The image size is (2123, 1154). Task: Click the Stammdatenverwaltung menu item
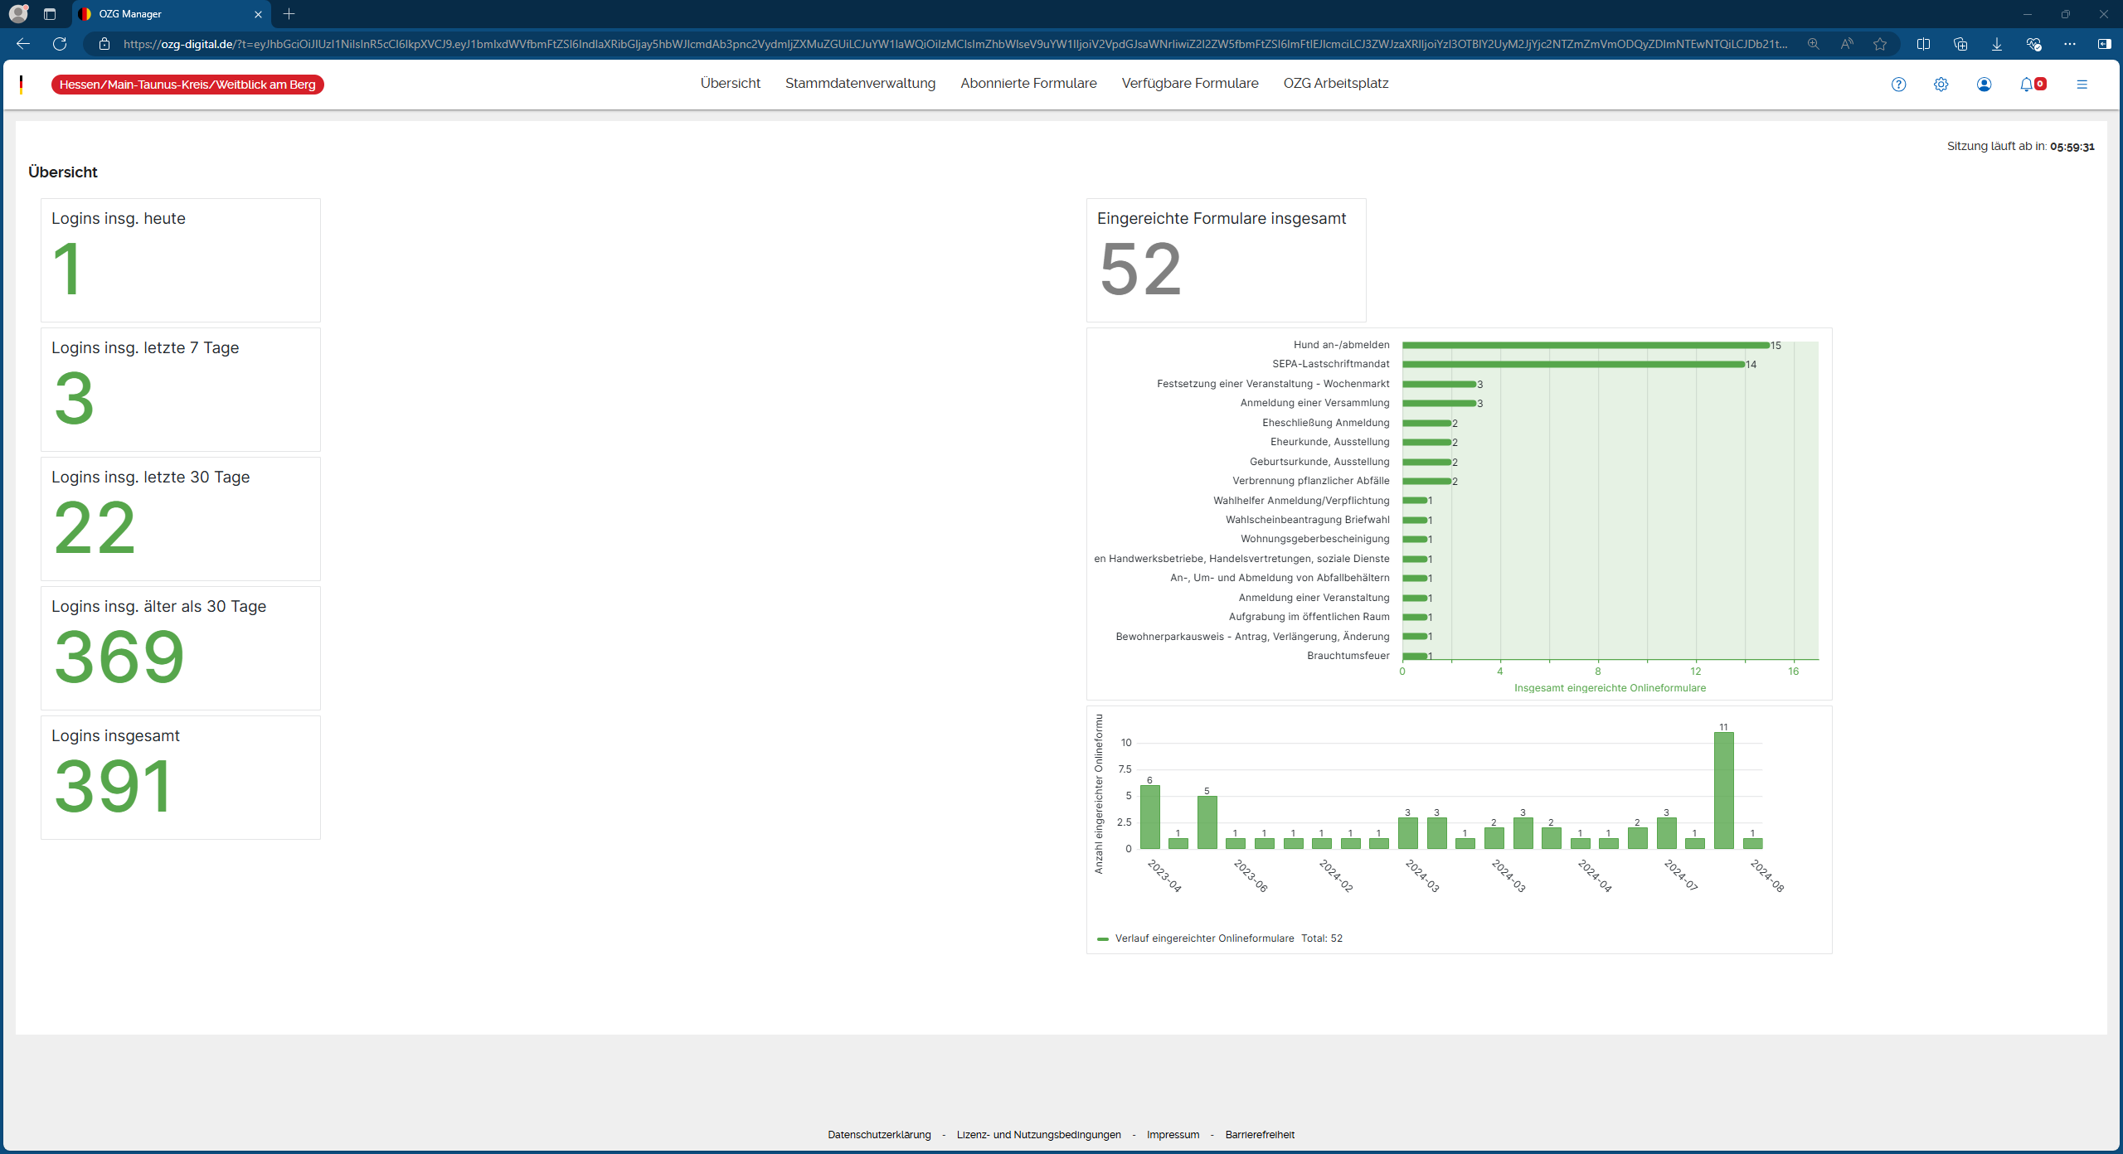tap(860, 84)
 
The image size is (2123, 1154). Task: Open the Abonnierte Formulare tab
tap(1028, 84)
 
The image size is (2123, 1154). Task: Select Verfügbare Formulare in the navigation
tap(1190, 84)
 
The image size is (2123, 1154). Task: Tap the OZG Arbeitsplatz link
tap(1335, 84)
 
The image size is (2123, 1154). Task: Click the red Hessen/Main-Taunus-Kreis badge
tap(187, 85)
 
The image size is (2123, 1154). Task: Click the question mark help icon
tap(1898, 85)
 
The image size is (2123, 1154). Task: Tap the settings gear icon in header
tap(1941, 85)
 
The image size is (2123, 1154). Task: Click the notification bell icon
tap(2026, 85)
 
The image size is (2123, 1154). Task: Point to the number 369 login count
tap(119, 657)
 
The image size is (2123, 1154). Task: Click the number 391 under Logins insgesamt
tap(114, 787)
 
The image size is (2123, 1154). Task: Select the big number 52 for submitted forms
tap(1140, 269)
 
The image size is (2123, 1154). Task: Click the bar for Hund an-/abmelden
tap(1585, 345)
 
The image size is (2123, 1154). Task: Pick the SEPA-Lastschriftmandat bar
tap(1573, 364)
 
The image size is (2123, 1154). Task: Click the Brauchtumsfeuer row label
tap(1348, 656)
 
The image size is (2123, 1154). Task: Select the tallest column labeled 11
tap(1723, 790)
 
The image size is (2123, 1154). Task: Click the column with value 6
tap(1149, 817)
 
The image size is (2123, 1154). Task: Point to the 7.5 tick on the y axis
tap(1125, 769)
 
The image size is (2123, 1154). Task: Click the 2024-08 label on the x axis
tap(1767, 875)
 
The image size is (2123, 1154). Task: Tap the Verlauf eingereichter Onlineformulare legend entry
tap(1203, 938)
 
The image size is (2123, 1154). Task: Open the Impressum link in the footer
tap(1173, 1135)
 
